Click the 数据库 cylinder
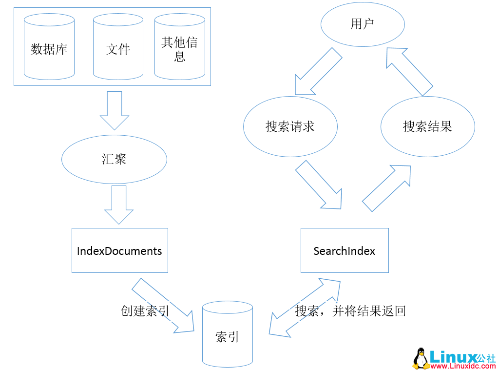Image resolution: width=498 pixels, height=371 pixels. pos(49,49)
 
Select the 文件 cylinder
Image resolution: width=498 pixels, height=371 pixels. pos(118,49)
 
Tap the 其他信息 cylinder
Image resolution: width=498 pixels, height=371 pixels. pos(179,49)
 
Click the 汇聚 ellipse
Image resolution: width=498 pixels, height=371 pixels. pos(115,160)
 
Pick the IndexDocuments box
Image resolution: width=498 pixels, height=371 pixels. pos(119,250)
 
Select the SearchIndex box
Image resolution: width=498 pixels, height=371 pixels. pos(345,250)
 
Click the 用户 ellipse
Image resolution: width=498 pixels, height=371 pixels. pos(363,24)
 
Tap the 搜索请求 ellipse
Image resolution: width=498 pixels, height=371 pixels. pos(290,126)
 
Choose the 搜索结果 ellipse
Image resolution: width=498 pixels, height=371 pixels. pos(427,126)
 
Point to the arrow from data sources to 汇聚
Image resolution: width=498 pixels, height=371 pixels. pos(115,110)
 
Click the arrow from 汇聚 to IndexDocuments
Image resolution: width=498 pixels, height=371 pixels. pos(119,204)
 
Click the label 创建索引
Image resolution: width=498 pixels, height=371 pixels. pos(145,311)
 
